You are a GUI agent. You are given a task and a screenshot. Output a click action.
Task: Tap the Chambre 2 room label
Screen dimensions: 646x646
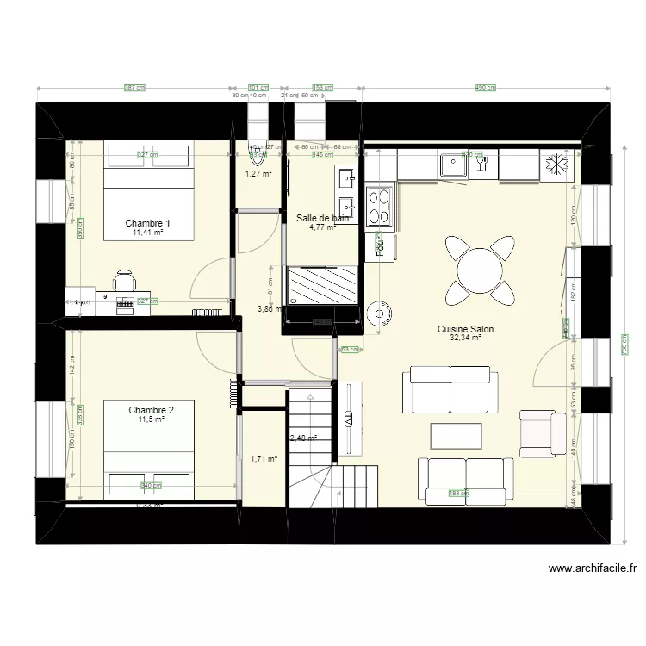[151, 409]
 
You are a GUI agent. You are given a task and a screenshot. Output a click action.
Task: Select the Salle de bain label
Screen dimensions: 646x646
[322, 219]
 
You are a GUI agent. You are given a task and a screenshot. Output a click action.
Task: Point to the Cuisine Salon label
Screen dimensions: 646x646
[465, 329]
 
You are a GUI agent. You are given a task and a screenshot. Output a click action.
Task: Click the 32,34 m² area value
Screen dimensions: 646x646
[465, 339]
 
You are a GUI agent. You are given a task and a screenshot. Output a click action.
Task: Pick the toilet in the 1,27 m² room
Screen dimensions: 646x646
[257, 155]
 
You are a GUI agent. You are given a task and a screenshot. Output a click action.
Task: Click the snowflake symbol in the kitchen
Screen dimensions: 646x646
[554, 164]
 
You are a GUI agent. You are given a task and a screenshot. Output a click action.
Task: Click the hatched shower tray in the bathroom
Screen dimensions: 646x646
[322, 284]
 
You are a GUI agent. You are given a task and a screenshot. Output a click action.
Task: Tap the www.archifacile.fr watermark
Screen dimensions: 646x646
[593, 568]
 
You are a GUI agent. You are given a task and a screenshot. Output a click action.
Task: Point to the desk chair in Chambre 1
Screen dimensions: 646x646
[125, 281]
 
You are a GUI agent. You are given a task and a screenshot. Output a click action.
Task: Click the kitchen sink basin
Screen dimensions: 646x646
[453, 164]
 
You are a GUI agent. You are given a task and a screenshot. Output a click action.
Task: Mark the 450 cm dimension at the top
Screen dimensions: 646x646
[487, 88]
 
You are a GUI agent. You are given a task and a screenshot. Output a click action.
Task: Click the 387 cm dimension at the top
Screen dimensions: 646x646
[135, 88]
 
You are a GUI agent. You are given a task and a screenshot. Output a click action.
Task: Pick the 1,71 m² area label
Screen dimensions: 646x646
[264, 459]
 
